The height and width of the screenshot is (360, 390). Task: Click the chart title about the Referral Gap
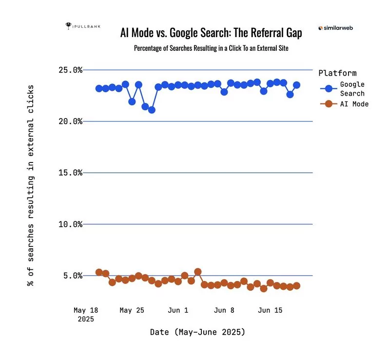coord(211,33)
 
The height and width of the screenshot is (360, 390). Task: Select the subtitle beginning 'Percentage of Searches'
coord(211,49)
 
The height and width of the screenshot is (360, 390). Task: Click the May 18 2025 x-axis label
coord(86,314)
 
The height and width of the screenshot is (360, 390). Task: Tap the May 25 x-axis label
coord(132,310)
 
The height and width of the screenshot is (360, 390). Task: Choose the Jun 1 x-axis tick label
coord(178,310)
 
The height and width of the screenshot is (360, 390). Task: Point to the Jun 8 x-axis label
coord(224,310)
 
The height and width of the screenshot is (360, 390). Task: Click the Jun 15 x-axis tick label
coord(270,310)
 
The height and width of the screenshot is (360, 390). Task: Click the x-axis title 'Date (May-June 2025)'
coord(197,332)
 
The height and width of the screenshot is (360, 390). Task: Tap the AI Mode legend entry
coord(344,104)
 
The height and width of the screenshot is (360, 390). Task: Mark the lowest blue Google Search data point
coord(152,110)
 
